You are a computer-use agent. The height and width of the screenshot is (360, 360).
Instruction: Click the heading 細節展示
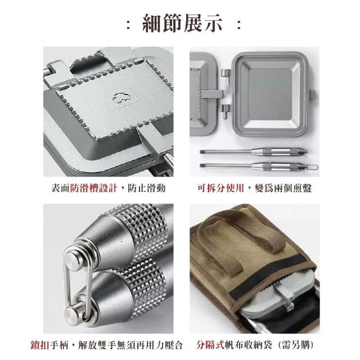182,23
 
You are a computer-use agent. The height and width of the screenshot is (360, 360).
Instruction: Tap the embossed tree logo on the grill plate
121,98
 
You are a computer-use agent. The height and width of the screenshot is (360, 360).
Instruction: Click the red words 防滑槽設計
94,188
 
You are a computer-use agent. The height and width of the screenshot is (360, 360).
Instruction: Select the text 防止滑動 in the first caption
146,188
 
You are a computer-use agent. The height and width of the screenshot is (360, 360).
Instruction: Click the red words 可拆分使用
220,188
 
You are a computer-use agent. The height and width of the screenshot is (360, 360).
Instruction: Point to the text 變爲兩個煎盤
283,188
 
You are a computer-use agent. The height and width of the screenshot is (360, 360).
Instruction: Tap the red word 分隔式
210,345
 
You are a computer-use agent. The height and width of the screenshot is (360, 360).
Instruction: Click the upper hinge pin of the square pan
226,76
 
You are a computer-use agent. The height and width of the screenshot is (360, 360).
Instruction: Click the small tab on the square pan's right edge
313,94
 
